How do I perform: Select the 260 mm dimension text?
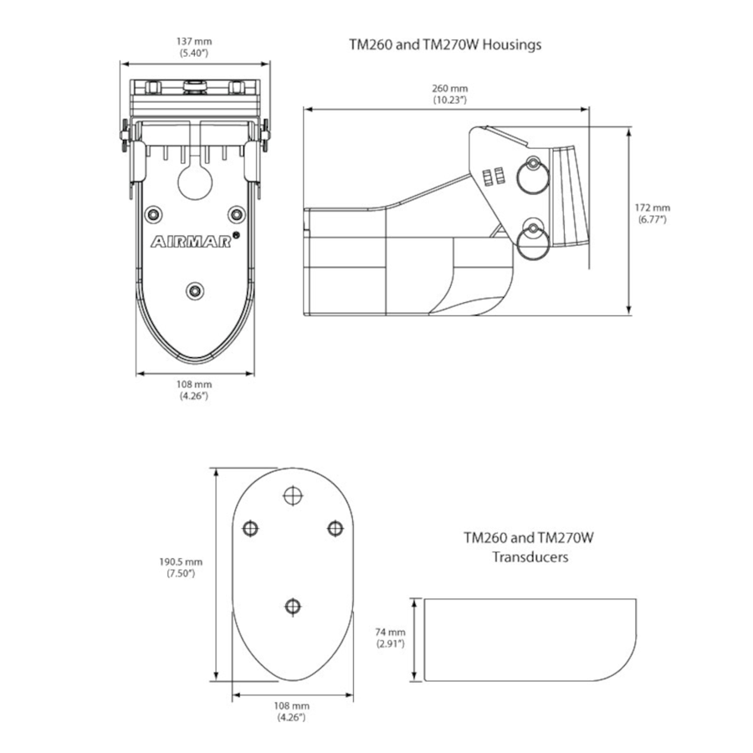[449, 89]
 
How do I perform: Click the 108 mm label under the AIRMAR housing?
[194, 385]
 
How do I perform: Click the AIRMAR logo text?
[192, 242]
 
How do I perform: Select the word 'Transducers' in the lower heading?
[529, 556]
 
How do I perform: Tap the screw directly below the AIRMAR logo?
[195, 290]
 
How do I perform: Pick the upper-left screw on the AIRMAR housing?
[152, 215]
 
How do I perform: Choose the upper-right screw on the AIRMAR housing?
[237, 215]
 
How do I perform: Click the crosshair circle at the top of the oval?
[292, 495]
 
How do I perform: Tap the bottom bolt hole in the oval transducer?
[292, 605]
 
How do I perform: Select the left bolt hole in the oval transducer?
[248, 527]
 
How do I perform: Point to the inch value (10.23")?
[449, 100]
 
